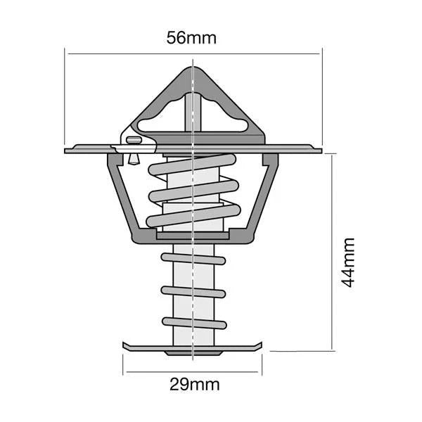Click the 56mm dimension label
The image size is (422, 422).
click(192, 38)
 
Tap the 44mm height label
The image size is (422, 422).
click(347, 262)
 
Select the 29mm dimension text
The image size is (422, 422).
click(195, 384)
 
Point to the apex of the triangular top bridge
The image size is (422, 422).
click(192, 69)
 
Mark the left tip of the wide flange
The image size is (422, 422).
click(67, 150)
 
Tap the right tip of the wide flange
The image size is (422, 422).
click(320, 150)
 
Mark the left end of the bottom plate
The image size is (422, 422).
click(126, 345)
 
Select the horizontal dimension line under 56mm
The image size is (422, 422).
click(127, 53)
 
